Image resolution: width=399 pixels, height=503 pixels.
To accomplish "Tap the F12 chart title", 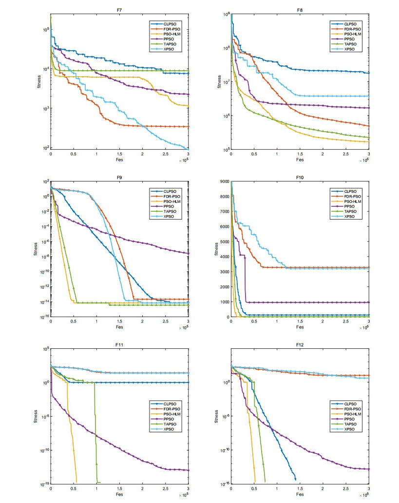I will [300, 344].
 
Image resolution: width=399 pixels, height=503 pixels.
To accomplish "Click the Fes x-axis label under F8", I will [300, 160].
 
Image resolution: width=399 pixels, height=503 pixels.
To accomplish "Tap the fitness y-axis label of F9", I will [36, 249].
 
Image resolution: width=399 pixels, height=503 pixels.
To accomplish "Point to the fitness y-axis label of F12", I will [216, 416].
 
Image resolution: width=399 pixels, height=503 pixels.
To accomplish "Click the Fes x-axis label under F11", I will [119, 495].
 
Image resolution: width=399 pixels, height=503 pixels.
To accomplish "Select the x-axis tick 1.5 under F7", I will [119, 154].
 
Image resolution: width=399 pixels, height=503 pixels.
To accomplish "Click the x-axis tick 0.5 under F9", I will [74, 322].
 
